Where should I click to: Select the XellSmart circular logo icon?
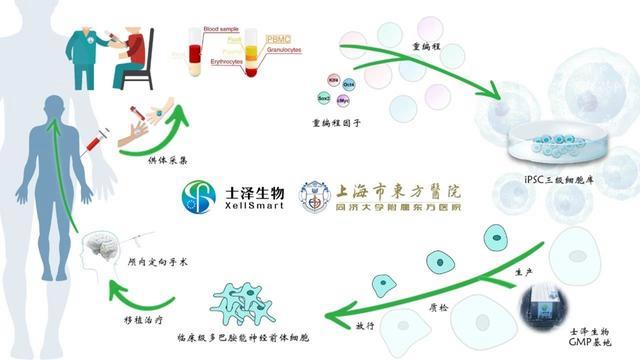(x=199, y=196)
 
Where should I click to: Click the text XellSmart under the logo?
(x=250, y=207)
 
